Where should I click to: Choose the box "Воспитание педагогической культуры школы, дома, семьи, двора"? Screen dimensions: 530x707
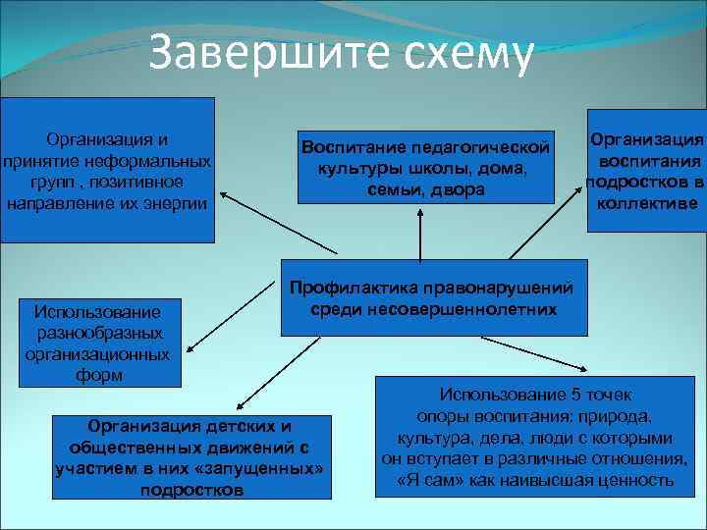point(422,168)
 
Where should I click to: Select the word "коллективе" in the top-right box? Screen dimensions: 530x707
point(645,203)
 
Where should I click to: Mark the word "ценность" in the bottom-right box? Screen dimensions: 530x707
point(639,481)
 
